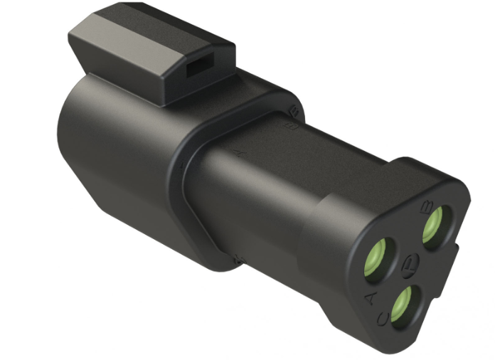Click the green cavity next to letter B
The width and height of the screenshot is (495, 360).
(x=435, y=226)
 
